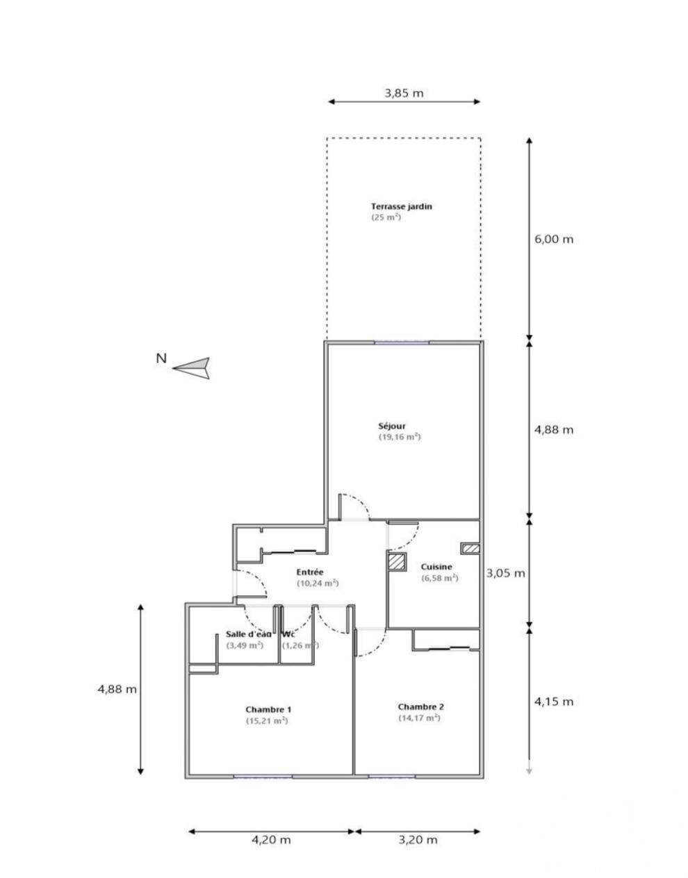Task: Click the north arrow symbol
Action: (x=192, y=368)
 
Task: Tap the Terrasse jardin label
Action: (x=402, y=206)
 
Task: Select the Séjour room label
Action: (x=392, y=426)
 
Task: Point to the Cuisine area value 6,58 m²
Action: (x=439, y=578)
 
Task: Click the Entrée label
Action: (x=310, y=572)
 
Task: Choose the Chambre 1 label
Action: (x=268, y=709)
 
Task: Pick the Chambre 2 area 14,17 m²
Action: (x=419, y=718)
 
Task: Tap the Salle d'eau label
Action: (x=249, y=634)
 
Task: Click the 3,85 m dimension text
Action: (x=404, y=93)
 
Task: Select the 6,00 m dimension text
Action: (x=554, y=239)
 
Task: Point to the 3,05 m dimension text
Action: (x=505, y=573)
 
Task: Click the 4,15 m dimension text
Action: (x=554, y=702)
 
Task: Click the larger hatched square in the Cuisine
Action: (x=397, y=562)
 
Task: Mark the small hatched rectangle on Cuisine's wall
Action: (x=470, y=548)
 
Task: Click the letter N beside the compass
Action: (x=161, y=358)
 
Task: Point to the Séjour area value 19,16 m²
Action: (x=400, y=437)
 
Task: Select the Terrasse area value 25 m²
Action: (x=386, y=217)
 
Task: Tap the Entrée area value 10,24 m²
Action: (x=318, y=583)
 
